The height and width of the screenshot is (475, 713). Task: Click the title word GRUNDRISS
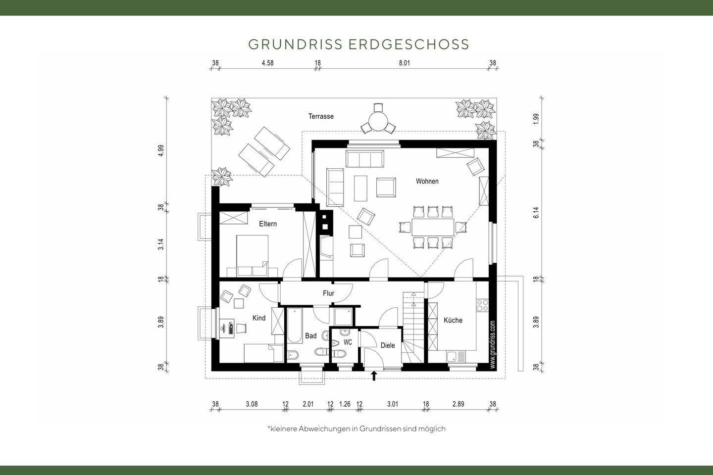295,44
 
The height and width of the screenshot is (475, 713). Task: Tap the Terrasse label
321,116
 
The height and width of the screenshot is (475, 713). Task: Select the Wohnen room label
427,181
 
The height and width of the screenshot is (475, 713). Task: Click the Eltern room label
268,224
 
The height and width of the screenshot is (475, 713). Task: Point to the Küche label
453,320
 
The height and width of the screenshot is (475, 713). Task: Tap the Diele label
388,345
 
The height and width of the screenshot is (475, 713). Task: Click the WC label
348,342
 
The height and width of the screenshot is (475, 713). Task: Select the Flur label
328,293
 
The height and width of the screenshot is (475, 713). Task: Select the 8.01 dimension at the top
405,63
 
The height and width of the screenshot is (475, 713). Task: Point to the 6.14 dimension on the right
536,213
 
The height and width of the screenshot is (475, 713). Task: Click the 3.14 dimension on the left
161,244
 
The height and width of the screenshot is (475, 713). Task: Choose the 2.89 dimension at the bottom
458,404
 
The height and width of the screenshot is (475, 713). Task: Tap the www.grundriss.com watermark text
492,344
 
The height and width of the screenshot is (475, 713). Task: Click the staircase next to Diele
413,327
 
